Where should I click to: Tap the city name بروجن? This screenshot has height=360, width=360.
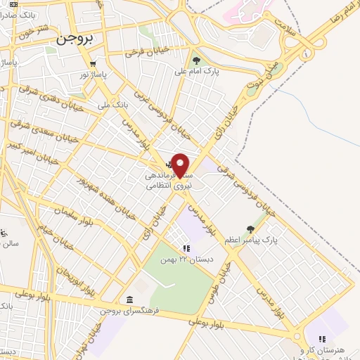(x=74, y=40)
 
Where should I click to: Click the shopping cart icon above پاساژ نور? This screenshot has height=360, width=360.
(x=93, y=61)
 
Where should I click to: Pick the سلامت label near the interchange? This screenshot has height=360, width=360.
(x=288, y=27)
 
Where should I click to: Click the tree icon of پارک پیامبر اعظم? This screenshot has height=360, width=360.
(x=250, y=229)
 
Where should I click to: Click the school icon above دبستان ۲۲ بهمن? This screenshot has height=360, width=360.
(x=186, y=248)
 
